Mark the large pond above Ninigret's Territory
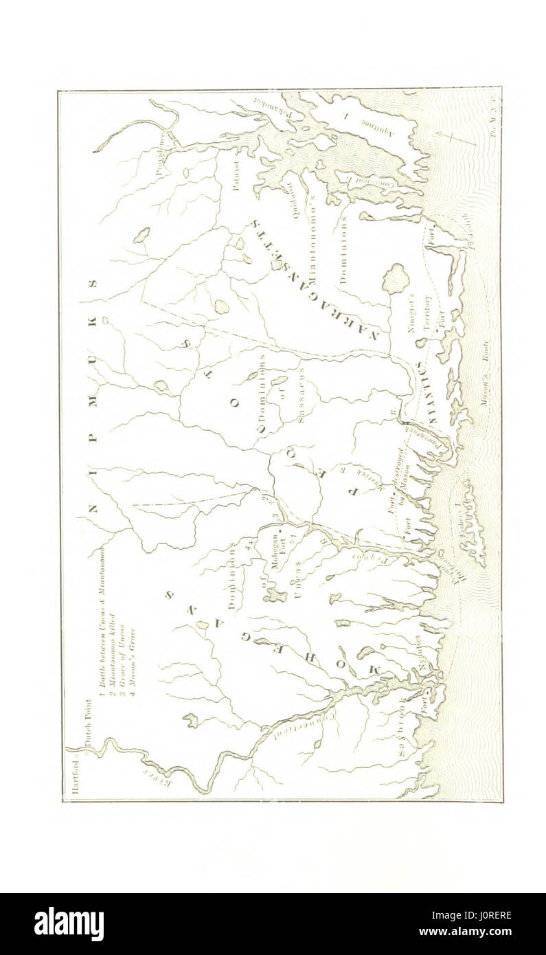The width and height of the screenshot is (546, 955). coord(396,278)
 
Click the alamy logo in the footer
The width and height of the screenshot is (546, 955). coord(69,923)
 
